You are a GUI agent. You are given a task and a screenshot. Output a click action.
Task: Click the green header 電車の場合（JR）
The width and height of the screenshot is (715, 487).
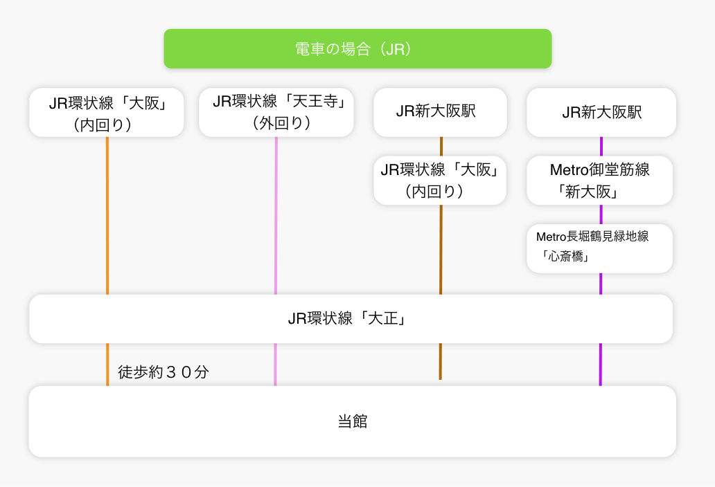click(x=357, y=49)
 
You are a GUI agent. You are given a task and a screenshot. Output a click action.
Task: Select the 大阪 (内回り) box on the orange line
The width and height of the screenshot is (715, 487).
click(x=107, y=112)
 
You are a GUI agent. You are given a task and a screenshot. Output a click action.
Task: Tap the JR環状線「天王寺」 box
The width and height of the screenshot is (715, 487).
click(x=276, y=112)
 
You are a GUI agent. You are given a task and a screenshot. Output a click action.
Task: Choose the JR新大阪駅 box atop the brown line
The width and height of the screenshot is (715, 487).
click(x=440, y=112)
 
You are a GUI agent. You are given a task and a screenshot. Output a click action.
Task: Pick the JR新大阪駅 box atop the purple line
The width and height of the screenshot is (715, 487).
click(x=601, y=112)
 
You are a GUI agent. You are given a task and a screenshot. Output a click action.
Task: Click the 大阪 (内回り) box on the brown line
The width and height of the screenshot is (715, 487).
click(x=440, y=181)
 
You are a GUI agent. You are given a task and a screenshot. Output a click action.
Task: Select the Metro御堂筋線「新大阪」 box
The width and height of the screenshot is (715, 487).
click(x=600, y=181)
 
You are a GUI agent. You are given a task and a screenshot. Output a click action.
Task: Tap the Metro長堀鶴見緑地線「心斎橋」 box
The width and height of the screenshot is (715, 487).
click(x=600, y=248)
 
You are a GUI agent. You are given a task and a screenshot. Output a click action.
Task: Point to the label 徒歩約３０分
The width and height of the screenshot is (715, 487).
click(x=164, y=372)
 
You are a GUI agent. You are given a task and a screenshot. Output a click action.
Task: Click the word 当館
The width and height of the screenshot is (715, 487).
click(x=352, y=421)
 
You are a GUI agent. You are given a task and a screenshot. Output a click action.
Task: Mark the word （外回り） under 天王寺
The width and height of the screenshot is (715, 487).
click(x=281, y=123)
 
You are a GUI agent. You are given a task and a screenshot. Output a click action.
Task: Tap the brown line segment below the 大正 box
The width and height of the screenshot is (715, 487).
click(x=440, y=361)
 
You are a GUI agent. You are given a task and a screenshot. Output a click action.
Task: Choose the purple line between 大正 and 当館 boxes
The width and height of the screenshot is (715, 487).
click(x=600, y=364)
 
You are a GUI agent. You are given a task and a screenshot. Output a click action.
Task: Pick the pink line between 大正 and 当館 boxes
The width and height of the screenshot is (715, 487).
click(x=276, y=364)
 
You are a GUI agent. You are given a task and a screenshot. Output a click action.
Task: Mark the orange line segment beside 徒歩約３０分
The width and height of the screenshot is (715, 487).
click(x=107, y=364)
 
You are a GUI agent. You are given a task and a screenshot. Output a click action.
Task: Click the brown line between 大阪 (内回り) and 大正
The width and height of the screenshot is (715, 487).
click(x=440, y=249)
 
